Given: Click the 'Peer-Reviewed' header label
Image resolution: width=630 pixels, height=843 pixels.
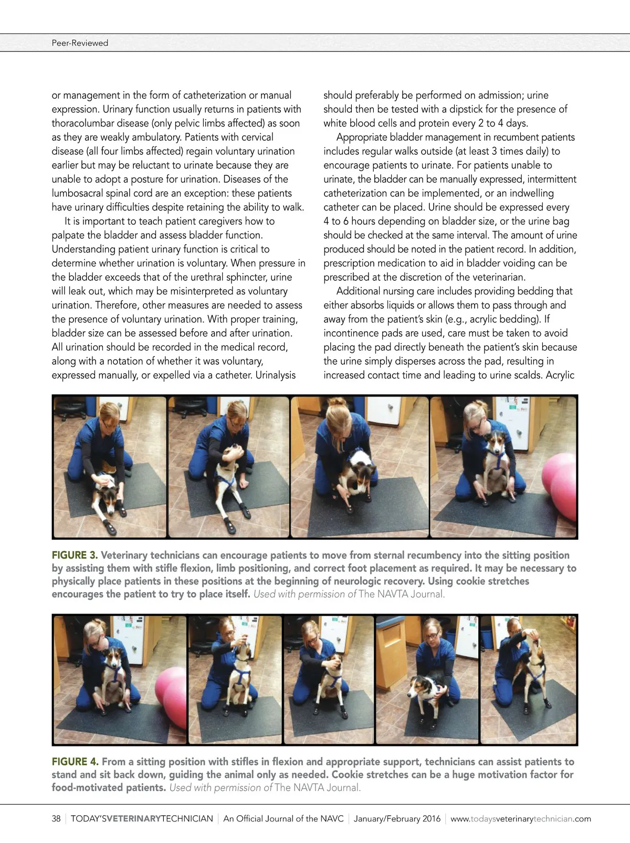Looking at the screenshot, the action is [80, 43].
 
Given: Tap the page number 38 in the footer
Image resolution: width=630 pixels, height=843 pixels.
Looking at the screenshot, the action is [56, 818].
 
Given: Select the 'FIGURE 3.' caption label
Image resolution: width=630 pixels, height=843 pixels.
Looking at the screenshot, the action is [75, 555].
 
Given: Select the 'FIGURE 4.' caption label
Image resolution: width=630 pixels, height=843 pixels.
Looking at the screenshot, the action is [75, 762].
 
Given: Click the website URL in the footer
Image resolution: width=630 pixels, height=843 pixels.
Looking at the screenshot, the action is [520, 818].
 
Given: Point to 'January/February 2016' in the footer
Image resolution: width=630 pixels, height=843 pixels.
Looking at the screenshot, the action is [397, 818].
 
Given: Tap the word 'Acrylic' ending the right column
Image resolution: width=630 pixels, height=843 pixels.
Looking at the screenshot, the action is [560, 375].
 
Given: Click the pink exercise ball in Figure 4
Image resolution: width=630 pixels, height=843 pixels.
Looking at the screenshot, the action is [171, 698].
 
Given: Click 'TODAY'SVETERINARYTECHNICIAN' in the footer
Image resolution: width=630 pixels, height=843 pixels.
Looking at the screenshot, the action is [142, 818].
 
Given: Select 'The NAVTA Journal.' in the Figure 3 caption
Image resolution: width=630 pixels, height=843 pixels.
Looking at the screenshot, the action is [402, 594].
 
